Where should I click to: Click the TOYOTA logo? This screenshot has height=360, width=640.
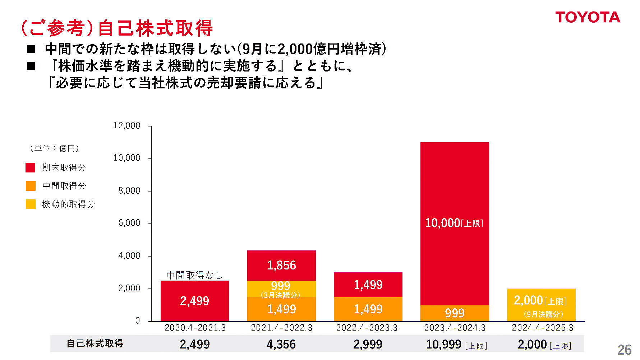pyautogui.click(x=588, y=17)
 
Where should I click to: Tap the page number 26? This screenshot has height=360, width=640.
pyautogui.click(x=624, y=350)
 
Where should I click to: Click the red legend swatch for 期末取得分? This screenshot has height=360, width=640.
pyautogui.click(x=31, y=167)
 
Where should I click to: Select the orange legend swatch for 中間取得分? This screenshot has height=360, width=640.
pyautogui.click(x=31, y=186)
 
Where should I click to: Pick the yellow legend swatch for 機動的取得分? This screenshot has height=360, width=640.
pyautogui.click(x=31, y=204)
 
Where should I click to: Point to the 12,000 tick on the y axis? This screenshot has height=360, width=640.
pyautogui.click(x=127, y=126)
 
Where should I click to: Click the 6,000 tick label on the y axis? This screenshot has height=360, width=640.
pyautogui.click(x=129, y=223)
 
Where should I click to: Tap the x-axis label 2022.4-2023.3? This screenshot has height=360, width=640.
pyautogui.click(x=367, y=328)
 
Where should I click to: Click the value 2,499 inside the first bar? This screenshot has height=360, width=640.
pyautogui.click(x=194, y=301)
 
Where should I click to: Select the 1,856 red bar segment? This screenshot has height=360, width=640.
pyautogui.click(x=281, y=265)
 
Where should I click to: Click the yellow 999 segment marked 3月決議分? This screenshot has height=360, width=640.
pyautogui.click(x=281, y=289)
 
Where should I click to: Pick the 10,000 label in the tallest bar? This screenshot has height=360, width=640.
pyautogui.click(x=443, y=223)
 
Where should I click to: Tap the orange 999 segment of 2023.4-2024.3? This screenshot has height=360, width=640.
pyautogui.click(x=455, y=313)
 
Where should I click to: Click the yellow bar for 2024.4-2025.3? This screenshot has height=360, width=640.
pyautogui.click(x=541, y=305)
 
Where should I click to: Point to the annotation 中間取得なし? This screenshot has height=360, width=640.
pyautogui.click(x=194, y=275)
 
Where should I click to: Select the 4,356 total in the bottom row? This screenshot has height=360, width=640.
pyautogui.click(x=281, y=344)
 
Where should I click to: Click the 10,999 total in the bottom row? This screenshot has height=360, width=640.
pyautogui.click(x=444, y=344)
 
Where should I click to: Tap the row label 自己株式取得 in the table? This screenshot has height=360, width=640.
pyautogui.click(x=95, y=343)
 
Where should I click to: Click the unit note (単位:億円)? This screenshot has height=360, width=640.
pyautogui.click(x=54, y=148)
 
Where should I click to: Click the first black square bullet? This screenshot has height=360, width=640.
pyautogui.click(x=31, y=49)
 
